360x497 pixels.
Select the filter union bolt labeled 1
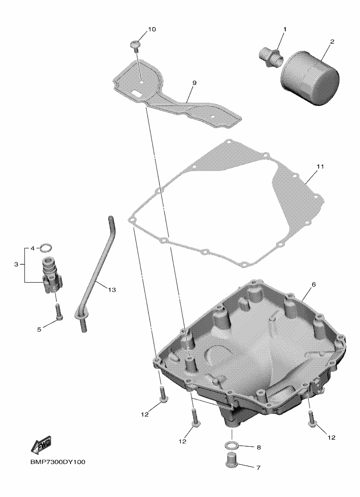pyautogui.click(x=270, y=57)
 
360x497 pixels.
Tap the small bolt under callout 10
pyautogui.click(x=135, y=45)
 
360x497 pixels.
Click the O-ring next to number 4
pyautogui.click(x=46, y=247)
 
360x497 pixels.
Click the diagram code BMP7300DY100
pyautogui.click(x=58, y=462)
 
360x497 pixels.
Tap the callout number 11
pyautogui.click(x=320, y=167)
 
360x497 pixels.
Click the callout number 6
pyautogui.click(x=314, y=285)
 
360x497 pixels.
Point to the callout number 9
pyautogui.click(x=194, y=83)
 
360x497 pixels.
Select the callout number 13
pyautogui.click(x=112, y=290)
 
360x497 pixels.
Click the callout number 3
pyautogui.click(x=16, y=264)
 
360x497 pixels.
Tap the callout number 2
pyautogui.click(x=332, y=42)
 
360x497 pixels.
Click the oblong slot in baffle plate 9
pyautogui.click(x=136, y=93)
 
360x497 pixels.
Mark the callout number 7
pyautogui.click(x=259, y=468)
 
